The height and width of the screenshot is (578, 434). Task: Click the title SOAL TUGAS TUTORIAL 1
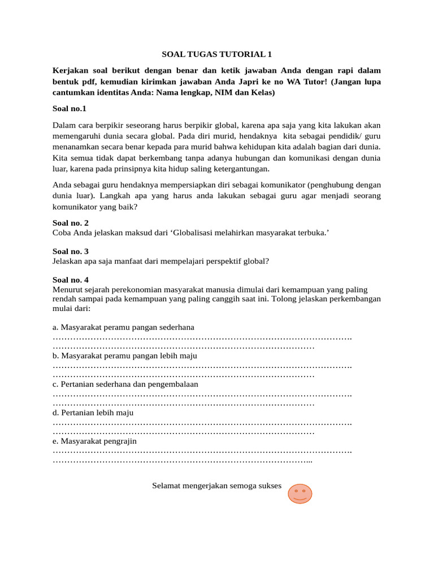pos(216,54)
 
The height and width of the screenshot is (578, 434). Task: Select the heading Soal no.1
pos(70,108)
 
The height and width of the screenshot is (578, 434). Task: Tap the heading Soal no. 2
pos(71,223)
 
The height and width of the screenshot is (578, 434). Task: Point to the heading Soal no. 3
pos(71,251)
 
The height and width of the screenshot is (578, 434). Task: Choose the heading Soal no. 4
pos(71,279)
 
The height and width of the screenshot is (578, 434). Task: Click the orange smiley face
pos(300,493)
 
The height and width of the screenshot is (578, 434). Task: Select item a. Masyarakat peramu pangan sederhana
pos(123,327)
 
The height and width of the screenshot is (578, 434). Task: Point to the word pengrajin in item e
pos(119,441)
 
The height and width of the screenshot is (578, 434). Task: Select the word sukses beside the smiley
pos(268,485)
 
